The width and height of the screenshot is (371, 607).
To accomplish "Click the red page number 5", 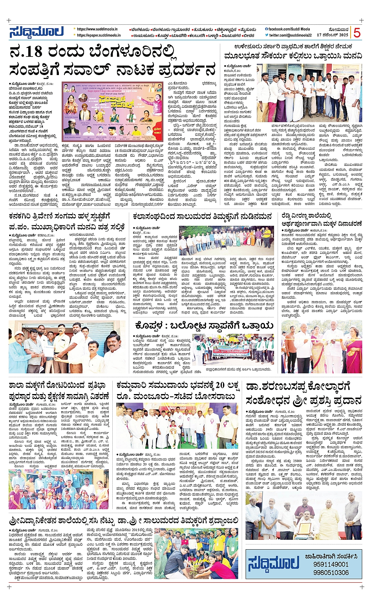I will point(356,33).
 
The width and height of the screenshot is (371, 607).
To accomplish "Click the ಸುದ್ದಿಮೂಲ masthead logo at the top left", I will point(36,32).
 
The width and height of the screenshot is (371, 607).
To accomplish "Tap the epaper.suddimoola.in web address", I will point(99,35).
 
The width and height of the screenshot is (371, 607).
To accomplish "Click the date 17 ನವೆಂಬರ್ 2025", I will point(333,35).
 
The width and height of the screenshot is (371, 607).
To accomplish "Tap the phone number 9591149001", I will point(331,564).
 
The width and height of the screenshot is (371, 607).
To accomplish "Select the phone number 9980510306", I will point(331,572).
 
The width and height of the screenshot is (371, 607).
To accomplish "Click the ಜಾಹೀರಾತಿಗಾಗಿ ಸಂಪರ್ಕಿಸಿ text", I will point(331,556).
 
